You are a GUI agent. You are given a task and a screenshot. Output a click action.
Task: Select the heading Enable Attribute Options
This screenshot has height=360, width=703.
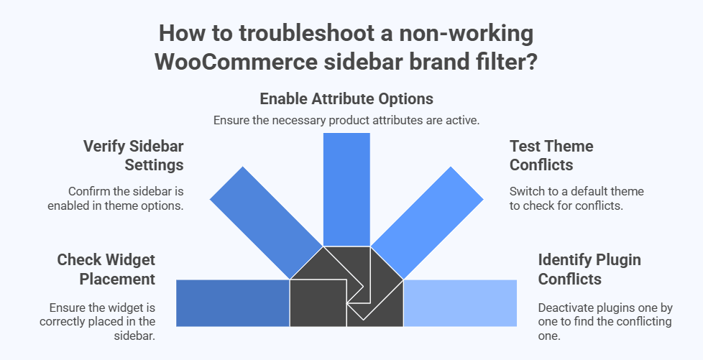pos(346,98)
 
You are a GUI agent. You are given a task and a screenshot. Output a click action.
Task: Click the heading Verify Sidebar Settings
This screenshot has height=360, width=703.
pos(133,155)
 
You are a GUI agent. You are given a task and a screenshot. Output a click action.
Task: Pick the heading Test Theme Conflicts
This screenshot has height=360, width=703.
pos(551,155)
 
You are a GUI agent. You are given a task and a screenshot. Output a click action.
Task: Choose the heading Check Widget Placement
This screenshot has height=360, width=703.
pos(106,268)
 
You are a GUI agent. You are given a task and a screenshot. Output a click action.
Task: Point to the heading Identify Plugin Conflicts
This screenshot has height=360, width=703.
pos(579,268)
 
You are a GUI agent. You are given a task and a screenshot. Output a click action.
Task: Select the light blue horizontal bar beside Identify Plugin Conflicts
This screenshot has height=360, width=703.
pos(460,303)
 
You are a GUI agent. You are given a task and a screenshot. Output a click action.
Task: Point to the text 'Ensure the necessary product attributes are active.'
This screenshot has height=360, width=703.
pos(346,120)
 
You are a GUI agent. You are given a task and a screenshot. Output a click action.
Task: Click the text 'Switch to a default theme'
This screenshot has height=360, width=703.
pos(576,192)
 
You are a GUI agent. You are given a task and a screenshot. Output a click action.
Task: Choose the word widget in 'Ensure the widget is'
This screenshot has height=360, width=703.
pos(109,308)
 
